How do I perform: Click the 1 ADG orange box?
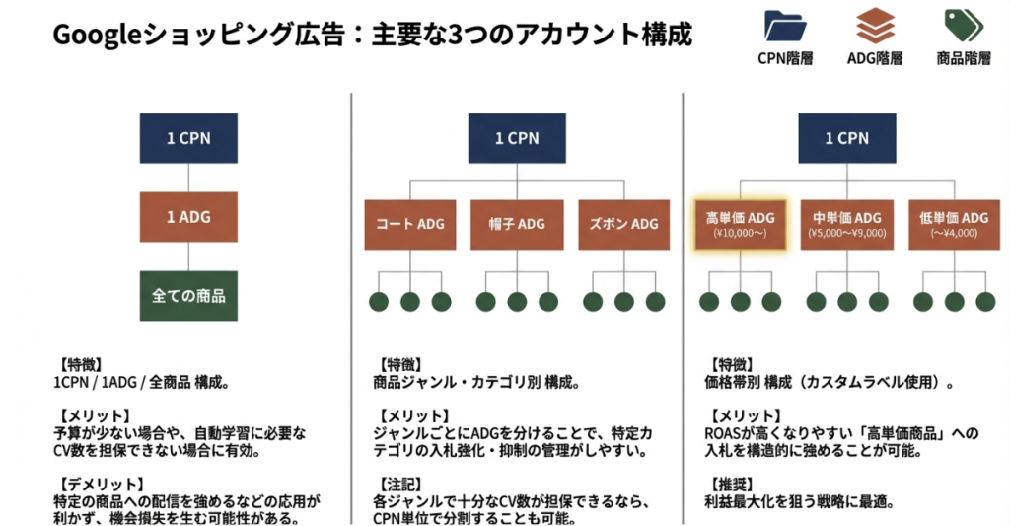click(x=188, y=217)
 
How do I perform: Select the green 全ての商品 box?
click(x=188, y=295)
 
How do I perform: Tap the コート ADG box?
click(x=409, y=224)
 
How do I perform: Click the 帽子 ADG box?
click(x=516, y=224)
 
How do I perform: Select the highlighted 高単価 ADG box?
click(x=740, y=224)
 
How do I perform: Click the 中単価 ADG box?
click(x=846, y=224)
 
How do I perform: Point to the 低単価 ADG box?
click(x=953, y=224)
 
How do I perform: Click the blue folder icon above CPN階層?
click(x=785, y=25)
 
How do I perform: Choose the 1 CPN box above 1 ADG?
click(x=188, y=138)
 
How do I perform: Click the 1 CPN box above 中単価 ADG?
click(x=846, y=138)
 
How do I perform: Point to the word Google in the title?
click(x=95, y=36)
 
